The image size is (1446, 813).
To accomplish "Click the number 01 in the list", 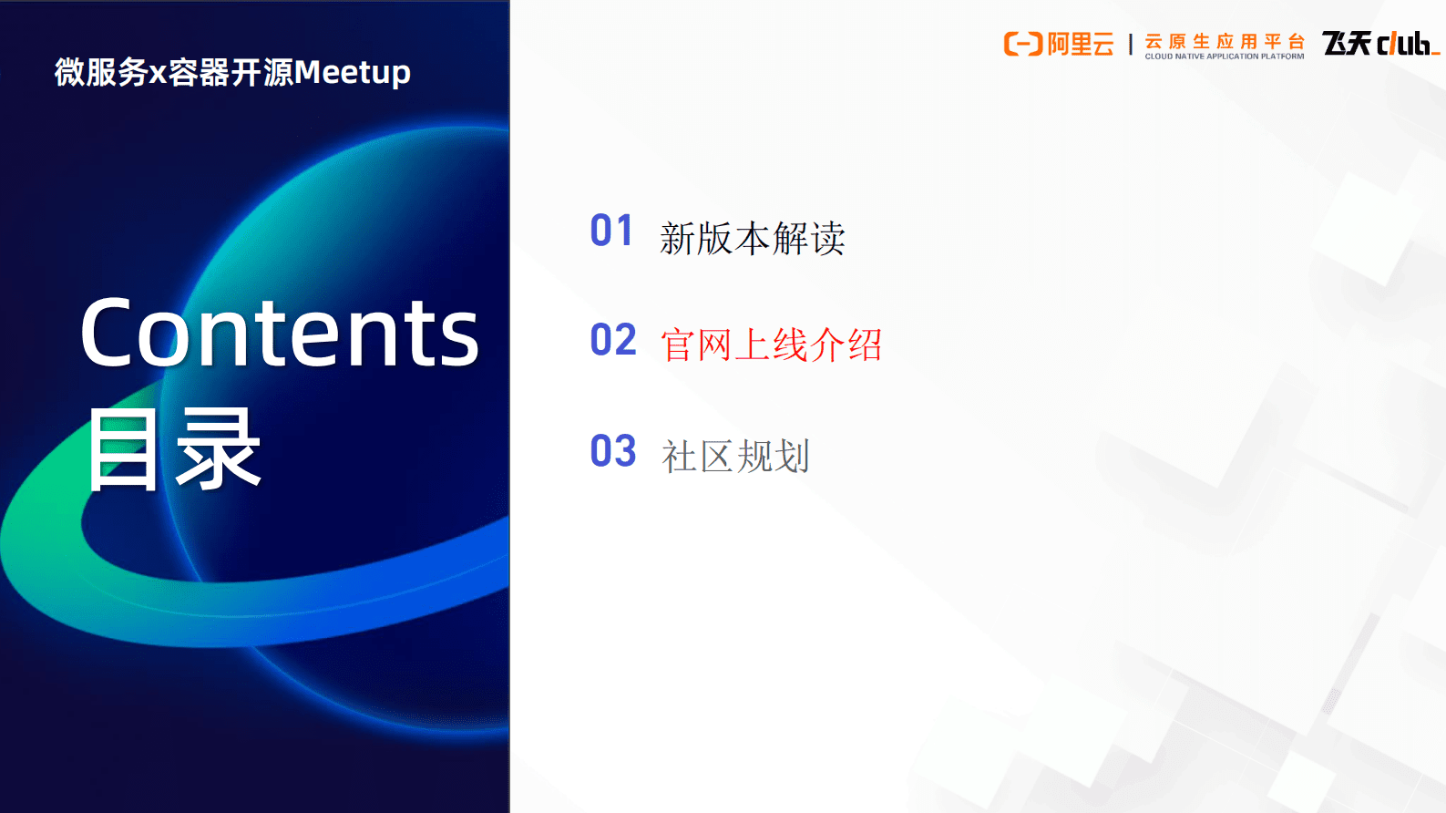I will tap(611, 232).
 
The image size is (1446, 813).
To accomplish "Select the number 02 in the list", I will tap(612, 340).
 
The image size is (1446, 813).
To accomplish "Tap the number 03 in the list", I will tap(612, 451).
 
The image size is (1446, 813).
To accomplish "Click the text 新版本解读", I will tap(753, 239).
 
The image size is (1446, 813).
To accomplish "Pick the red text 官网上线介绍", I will tap(771, 345).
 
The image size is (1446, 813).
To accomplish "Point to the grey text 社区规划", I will tap(735, 457).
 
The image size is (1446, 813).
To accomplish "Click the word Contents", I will tap(279, 334).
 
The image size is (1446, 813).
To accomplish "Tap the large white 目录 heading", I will tap(174, 449).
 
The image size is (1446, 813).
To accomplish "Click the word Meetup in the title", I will tap(352, 72).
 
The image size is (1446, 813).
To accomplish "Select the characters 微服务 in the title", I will tap(100, 72).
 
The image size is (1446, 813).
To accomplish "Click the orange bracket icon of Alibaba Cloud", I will tap(1022, 44).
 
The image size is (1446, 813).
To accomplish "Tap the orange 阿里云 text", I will tap(1081, 44).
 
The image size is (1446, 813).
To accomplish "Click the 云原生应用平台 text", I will tap(1225, 41).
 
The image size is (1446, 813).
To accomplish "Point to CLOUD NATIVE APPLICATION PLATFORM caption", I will tap(1225, 57).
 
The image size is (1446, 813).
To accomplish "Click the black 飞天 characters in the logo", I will tap(1347, 43).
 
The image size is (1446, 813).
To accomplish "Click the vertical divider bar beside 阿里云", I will tap(1131, 45).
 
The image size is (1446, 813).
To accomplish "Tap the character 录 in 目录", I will tap(219, 449).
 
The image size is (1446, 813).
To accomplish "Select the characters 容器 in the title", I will tap(199, 72).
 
